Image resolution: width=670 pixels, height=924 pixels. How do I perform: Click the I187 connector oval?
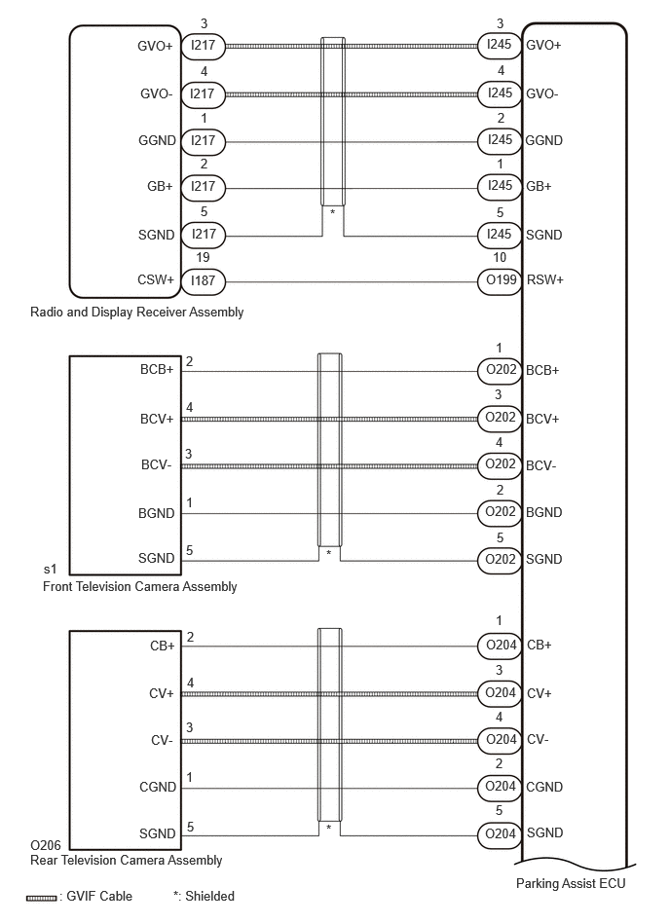[203, 281]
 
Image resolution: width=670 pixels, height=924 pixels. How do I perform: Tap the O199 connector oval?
[500, 279]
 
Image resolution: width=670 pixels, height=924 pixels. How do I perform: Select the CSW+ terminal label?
[156, 279]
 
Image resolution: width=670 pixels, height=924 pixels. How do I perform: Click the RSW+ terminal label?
[545, 279]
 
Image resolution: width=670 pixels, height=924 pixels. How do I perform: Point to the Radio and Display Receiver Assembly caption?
[136, 312]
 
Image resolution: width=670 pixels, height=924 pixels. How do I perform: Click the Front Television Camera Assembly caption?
[139, 586]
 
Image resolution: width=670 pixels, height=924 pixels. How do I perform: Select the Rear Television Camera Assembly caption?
[126, 861]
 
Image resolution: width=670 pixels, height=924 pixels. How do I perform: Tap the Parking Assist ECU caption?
[571, 883]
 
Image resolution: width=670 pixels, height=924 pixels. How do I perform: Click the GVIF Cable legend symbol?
[41, 898]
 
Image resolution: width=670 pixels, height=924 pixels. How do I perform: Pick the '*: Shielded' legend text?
[204, 897]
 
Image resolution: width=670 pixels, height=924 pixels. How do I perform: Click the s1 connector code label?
[50, 569]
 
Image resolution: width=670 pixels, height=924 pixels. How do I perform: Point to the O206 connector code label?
[46, 845]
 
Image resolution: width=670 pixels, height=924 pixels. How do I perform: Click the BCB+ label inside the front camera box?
[157, 369]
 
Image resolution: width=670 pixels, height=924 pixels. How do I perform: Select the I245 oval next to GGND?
[500, 140]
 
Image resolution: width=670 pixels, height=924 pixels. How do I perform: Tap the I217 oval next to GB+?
[203, 187]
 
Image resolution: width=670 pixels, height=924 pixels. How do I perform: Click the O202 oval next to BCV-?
[500, 465]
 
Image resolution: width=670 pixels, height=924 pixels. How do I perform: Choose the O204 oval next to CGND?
[500, 787]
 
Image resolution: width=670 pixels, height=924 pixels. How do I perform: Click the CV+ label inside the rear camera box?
[162, 693]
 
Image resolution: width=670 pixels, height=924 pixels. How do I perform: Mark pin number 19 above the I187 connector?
[203, 257]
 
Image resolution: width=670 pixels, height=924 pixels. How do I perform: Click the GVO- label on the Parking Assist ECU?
[542, 93]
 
